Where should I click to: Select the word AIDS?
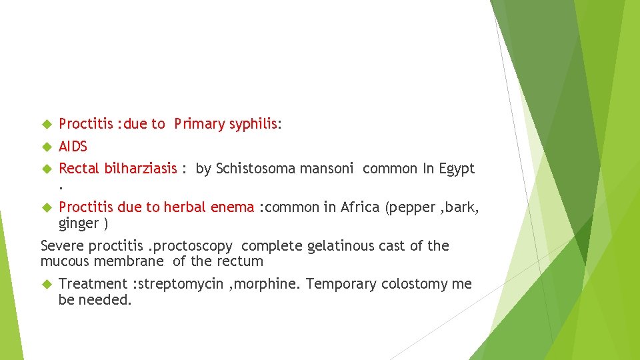pos(73,147)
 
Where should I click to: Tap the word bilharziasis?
pos(141,169)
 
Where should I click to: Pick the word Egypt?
pos(457,169)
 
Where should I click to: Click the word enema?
pos(233,207)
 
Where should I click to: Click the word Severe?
pos(61,246)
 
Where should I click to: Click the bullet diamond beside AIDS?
pos(47,147)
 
